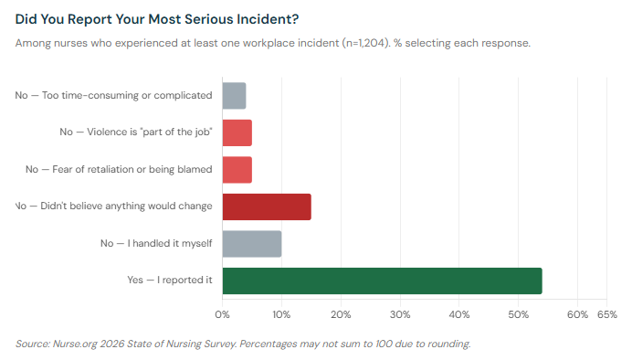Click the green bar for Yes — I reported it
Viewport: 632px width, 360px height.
382,281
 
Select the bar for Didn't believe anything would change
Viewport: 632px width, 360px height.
267,206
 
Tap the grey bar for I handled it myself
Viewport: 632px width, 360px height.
252,244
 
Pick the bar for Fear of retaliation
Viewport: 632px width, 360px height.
237,170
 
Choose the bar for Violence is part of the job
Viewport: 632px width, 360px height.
237,132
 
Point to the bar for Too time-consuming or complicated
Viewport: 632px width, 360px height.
234,96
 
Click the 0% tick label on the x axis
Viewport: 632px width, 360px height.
222,315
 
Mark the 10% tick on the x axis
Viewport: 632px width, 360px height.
281,315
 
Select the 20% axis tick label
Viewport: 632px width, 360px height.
341,315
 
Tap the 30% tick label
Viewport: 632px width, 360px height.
400,315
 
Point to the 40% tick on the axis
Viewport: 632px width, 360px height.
459,315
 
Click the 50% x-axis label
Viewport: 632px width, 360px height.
519,315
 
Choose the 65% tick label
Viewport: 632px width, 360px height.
607,315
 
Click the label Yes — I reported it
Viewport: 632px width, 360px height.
170,281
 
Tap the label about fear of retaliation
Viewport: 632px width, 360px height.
119,170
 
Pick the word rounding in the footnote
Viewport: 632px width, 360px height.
445,344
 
